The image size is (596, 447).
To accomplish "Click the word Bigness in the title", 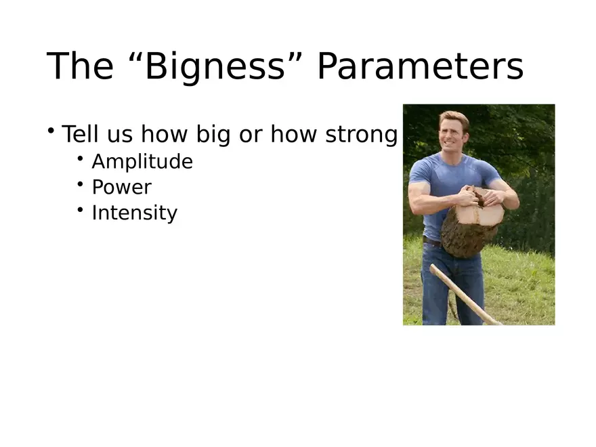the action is pos(215,67).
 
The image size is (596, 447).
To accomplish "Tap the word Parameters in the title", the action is pos(421,66).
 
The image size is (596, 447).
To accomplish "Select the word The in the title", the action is pos(80,66).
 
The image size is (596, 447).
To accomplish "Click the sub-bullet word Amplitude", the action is pos(142,162).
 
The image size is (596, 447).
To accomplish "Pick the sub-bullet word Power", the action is pos(122,187).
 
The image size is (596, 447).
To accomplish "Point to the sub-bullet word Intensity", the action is pos(135,213).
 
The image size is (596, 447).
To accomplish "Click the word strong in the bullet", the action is pos(362,135).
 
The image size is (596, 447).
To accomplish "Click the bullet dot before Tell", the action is pos(51,130).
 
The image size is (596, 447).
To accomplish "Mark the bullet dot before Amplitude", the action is pos(80,158).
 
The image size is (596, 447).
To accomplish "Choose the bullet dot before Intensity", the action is pos(80,209).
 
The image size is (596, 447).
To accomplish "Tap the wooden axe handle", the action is pos(465,295).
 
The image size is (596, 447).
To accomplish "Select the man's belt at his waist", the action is pos(432,241).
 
